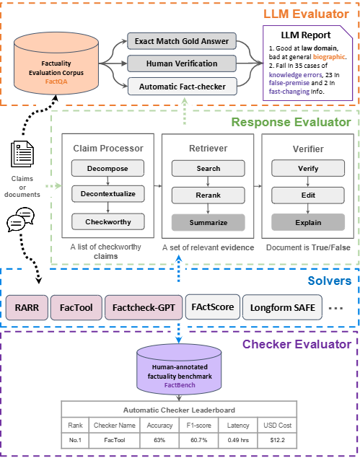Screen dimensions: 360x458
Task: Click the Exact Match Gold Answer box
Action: coord(182,41)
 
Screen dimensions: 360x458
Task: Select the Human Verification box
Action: coord(182,63)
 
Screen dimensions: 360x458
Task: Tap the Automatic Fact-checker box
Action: coord(183,87)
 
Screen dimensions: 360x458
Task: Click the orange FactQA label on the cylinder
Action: coord(56,82)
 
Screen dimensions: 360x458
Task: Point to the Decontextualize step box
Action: coord(108,194)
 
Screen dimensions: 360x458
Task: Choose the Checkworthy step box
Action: coord(108,222)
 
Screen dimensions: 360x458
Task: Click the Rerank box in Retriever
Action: coord(208,195)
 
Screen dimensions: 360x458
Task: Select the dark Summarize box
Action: coord(208,223)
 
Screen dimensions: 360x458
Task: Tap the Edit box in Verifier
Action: coord(308,195)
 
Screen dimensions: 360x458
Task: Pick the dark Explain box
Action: coord(308,223)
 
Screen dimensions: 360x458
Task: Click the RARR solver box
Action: coord(27,307)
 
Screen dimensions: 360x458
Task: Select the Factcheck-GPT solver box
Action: coord(144,307)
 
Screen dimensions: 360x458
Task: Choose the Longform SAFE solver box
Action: coord(283,307)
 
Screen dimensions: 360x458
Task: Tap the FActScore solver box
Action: coord(213,307)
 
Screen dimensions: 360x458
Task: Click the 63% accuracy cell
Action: coord(159,440)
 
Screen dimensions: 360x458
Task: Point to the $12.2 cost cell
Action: coord(277,440)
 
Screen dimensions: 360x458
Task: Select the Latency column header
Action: coord(238,426)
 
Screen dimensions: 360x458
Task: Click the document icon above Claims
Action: coord(22,154)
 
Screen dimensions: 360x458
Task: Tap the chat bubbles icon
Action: coord(20,219)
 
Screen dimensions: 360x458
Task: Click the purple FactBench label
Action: coord(180,385)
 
